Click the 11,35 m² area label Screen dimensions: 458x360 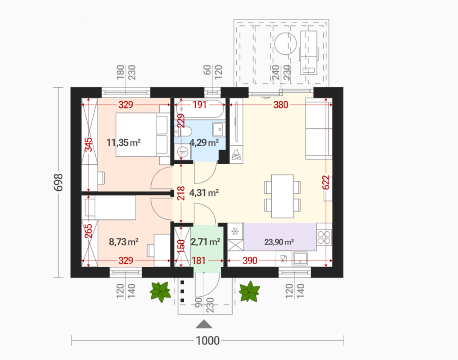pyautogui.click(x=123, y=143)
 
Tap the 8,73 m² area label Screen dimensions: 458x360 pyautogui.click(x=123, y=242)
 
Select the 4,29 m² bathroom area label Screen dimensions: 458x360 pyautogui.click(x=204, y=143)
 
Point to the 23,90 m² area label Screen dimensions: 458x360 pyautogui.click(x=279, y=242)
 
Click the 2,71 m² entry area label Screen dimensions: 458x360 pyautogui.click(x=206, y=242)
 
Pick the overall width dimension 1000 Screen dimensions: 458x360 pyautogui.click(x=207, y=340)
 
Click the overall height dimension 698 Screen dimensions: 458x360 pyautogui.click(x=59, y=182)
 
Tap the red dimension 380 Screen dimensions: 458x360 pyautogui.click(x=281, y=105)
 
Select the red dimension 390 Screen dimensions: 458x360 pyautogui.click(x=250, y=260)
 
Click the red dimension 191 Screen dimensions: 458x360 pyautogui.click(x=200, y=105)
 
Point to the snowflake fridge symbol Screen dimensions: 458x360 pyautogui.click(x=235, y=231)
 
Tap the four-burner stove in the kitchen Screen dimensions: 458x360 pyautogui.click(x=324, y=237)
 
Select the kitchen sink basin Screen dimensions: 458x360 pyautogui.click(x=300, y=259)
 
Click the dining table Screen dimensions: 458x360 pyautogui.click(x=282, y=196)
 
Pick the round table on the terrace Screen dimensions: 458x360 pyautogui.click(x=286, y=44)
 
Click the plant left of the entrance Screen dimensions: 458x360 pyautogui.click(x=160, y=291)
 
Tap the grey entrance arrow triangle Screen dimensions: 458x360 pyautogui.click(x=204, y=324)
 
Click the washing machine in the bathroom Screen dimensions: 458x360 pyautogui.click(x=183, y=152)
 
